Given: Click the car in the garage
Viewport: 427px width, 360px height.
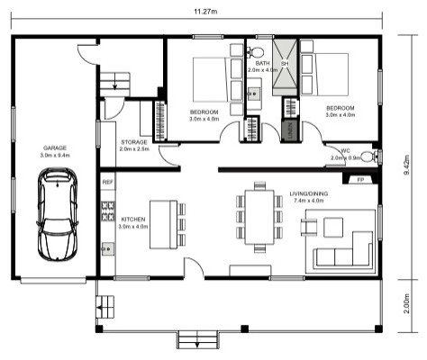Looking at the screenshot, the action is coord(57,214).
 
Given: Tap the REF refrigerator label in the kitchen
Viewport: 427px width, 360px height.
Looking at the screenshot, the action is coord(108,182).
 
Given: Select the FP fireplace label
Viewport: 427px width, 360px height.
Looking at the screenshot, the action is coord(360,180).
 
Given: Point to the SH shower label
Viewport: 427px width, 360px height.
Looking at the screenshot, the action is coord(285,64).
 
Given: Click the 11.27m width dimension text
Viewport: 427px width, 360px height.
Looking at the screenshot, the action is coord(205,12).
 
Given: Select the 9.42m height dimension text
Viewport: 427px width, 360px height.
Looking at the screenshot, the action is coord(407,165).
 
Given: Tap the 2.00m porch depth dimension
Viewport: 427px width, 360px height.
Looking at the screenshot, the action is coord(406,303).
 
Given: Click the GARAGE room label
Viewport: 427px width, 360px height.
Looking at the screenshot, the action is coord(55,148).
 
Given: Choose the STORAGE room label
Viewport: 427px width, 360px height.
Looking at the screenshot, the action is coord(134,142).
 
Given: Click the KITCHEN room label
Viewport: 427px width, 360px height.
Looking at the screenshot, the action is coord(133,220).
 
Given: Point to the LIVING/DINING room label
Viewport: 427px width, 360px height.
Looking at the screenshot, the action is coord(309,193).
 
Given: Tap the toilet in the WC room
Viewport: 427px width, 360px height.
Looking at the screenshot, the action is coord(369,157).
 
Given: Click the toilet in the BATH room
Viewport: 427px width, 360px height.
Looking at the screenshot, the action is coord(255,52).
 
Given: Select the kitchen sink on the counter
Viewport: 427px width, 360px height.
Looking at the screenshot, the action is coord(107,249).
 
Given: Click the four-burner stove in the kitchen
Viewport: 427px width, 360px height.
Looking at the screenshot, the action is coord(108,211).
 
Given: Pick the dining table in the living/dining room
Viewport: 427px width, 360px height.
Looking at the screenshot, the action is coord(259,217).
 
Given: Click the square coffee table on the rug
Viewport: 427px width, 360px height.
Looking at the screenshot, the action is coord(333,227).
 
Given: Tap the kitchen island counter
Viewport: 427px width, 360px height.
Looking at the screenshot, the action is coord(164,225).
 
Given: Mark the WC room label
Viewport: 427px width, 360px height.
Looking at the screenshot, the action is coord(345,151).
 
